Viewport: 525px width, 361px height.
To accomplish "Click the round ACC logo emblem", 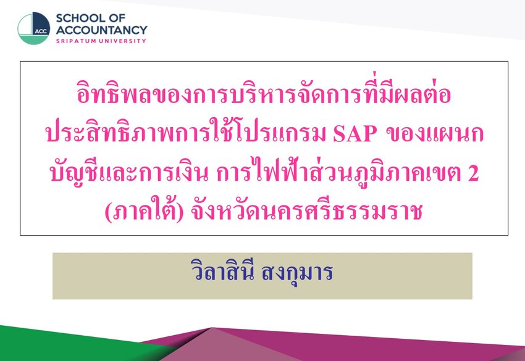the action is click(34, 28).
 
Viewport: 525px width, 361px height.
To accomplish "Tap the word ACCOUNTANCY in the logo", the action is click(101, 30).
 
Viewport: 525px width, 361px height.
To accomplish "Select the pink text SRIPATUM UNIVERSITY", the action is click(101, 41).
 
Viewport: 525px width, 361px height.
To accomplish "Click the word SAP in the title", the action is click(355, 134).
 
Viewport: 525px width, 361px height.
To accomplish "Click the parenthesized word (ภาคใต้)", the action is click(144, 211).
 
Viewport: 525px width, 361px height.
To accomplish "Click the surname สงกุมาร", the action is click(296, 273).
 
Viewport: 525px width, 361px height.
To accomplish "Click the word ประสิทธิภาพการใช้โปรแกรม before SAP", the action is click(186, 131).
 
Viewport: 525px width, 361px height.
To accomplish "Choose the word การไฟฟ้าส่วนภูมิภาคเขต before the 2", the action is click(339, 172).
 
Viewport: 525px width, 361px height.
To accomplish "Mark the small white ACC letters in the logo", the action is click(41, 31).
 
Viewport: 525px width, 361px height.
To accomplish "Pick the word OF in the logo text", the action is click(117, 18).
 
